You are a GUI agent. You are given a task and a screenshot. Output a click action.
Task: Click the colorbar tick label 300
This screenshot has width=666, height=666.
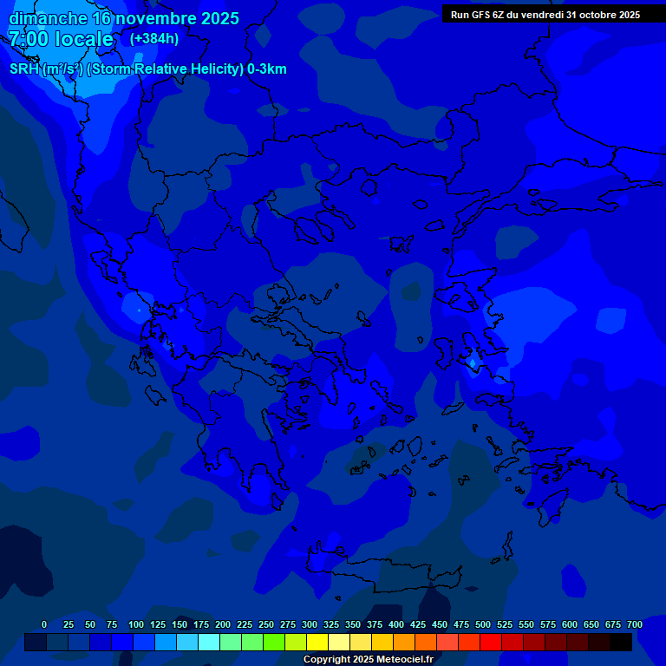point(310,624)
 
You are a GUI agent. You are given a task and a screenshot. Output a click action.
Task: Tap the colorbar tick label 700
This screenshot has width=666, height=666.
point(634,624)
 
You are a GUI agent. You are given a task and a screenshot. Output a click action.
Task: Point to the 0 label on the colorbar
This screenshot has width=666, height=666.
point(44,624)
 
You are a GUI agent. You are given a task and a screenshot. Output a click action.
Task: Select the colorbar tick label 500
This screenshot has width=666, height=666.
point(483,624)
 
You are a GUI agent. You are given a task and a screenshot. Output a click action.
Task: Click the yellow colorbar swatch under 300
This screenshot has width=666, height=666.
point(317,642)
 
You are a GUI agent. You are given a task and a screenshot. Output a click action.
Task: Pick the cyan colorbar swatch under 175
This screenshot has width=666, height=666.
point(209,642)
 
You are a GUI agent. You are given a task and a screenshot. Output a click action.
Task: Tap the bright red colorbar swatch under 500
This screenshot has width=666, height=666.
point(491,642)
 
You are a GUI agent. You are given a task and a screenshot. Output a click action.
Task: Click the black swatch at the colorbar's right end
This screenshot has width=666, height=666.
point(621,642)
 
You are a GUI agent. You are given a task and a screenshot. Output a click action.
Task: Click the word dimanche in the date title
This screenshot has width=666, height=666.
point(48,18)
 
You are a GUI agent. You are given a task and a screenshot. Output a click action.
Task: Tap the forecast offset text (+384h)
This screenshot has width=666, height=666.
point(154,39)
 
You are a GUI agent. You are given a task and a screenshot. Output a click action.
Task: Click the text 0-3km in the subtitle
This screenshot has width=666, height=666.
point(266,69)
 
